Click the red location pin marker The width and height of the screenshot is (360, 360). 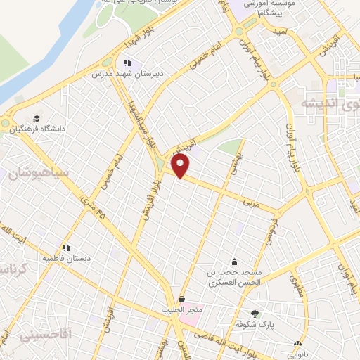pos(181,167)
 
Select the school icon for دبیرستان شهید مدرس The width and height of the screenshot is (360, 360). pos(127,63)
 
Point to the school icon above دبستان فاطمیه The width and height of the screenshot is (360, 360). pos(67,247)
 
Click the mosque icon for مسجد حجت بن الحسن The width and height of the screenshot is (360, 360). pos(234,261)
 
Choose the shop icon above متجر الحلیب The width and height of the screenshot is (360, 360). pos(182,299)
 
